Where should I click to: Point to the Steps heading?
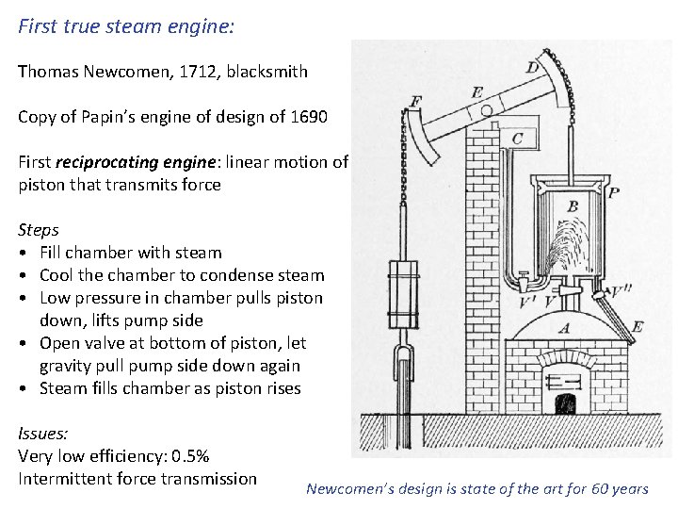[x=39, y=230]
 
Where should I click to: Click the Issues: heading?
[x=43, y=434]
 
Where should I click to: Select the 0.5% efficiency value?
[x=189, y=456]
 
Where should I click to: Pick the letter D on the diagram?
[x=533, y=68]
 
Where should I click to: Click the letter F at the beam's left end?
[x=416, y=100]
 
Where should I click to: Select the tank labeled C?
[x=518, y=139]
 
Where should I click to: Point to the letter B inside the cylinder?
[x=573, y=206]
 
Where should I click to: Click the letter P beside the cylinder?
[x=615, y=193]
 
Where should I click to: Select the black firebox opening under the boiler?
[x=565, y=405]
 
